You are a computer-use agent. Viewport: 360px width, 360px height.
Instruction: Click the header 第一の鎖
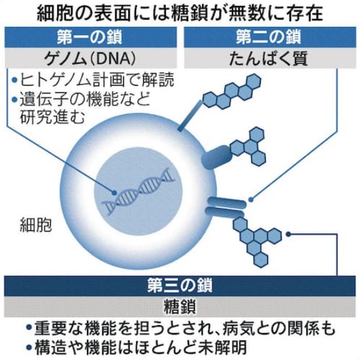tap(90, 38)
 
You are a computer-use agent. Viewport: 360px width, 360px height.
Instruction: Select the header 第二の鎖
tap(269, 38)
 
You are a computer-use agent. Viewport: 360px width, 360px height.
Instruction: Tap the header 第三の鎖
tap(180, 286)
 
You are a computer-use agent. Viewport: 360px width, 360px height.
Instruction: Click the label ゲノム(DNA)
tap(90, 59)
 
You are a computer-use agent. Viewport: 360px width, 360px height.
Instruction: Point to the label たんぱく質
tap(269, 59)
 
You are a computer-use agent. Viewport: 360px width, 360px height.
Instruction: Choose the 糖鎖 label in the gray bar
tap(180, 307)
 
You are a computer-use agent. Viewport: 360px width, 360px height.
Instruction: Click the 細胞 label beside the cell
tap(36, 224)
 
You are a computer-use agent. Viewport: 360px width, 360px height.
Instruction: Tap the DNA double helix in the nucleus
tap(140, 188)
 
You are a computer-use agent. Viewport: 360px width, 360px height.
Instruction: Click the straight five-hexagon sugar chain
tap(232, 91)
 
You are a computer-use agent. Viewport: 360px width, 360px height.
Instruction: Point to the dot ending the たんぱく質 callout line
tap(251, 199)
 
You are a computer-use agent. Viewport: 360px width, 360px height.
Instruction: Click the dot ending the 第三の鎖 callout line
tap(288, 234)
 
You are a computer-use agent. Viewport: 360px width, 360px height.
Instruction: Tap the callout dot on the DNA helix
tap(114, 193)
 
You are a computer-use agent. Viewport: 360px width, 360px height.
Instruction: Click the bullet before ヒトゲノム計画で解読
tap(14, 80)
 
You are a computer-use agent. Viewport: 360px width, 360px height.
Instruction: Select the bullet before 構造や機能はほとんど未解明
tap(29, 347)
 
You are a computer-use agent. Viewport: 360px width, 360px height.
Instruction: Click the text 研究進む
tap(53, 117)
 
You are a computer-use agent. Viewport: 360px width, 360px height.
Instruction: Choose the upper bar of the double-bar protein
tap(227, 201)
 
